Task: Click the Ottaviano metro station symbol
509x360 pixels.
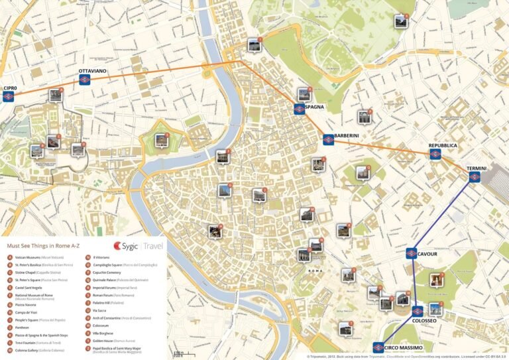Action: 84,80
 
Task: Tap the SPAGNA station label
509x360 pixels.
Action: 315,107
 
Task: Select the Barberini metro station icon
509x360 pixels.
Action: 328,140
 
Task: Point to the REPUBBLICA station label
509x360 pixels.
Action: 443,145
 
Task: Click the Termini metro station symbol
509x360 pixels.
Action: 475,177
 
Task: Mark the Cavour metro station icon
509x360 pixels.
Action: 412,253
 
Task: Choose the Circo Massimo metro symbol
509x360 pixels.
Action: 378,347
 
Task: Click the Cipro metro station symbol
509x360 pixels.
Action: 8,97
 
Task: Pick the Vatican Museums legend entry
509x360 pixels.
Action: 36,257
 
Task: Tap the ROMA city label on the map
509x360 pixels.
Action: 314,271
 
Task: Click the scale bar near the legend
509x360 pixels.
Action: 178,354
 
